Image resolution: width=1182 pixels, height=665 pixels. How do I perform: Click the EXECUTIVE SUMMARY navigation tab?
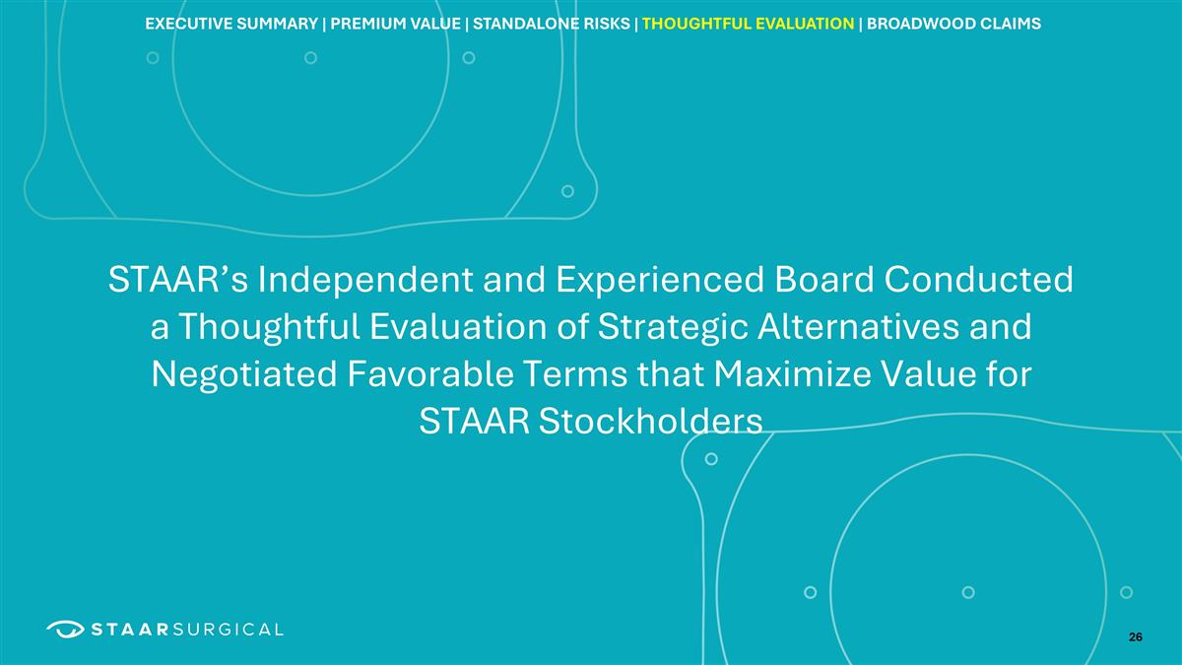tap(230, 23)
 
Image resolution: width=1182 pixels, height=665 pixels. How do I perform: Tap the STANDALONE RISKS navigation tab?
tap(551, 23)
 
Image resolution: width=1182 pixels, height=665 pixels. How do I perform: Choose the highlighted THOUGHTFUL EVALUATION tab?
tap(748, 23)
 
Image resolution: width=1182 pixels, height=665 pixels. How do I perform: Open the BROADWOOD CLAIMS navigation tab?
tap(952, 23)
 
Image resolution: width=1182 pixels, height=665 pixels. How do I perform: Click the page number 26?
tap(1136, 637)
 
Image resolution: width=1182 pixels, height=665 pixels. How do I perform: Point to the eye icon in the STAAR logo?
tap(65, 629)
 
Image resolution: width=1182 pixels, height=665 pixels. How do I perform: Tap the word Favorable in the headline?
tap(469, 375)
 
